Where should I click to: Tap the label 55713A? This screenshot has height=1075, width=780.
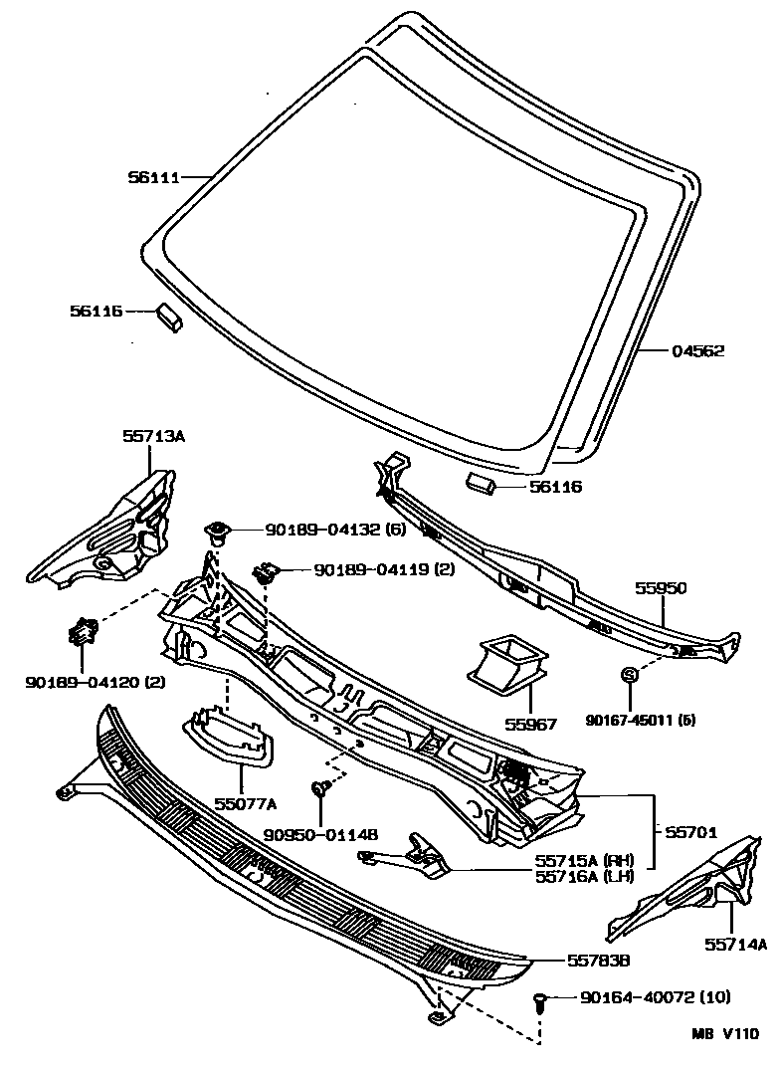[x=154, y=435]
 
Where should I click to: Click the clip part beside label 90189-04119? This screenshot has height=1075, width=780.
[x=266, y=572]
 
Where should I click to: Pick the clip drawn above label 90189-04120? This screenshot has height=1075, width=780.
[x=83, y=631]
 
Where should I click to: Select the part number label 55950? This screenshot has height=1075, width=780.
[x=661, y=588]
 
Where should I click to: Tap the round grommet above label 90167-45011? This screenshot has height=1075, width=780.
[x=629, y=676]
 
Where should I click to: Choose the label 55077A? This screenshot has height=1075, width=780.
[x=243, y=803]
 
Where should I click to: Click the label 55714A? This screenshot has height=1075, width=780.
[x=736, y=945]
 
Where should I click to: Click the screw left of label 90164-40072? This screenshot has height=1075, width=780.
[x=542, y=1001]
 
